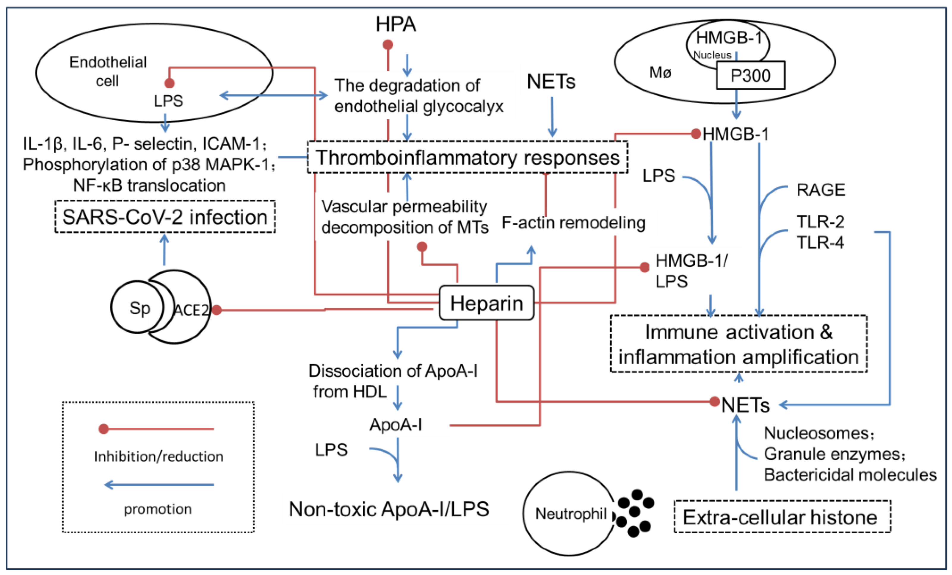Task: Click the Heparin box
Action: click(487, 303)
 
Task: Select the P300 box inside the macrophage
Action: click(750, 75)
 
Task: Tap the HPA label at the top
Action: click(396, 24)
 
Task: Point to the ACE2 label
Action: click(191, 310)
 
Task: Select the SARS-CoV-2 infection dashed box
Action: click(165, 217)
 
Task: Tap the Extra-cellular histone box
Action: click(782, 517)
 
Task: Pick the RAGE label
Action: click(821, 190)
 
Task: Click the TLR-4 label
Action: click(820, 243)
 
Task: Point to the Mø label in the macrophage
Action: click(660, 72)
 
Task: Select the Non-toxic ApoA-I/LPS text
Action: click(389, 509)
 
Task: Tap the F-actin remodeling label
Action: click(573, 223)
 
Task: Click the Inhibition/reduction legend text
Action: click(159, 457)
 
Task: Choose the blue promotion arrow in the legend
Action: click(159, 485)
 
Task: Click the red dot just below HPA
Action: click(388, 45)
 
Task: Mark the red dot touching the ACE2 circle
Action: click(217, 310)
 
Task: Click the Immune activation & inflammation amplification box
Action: click(738, 344)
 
